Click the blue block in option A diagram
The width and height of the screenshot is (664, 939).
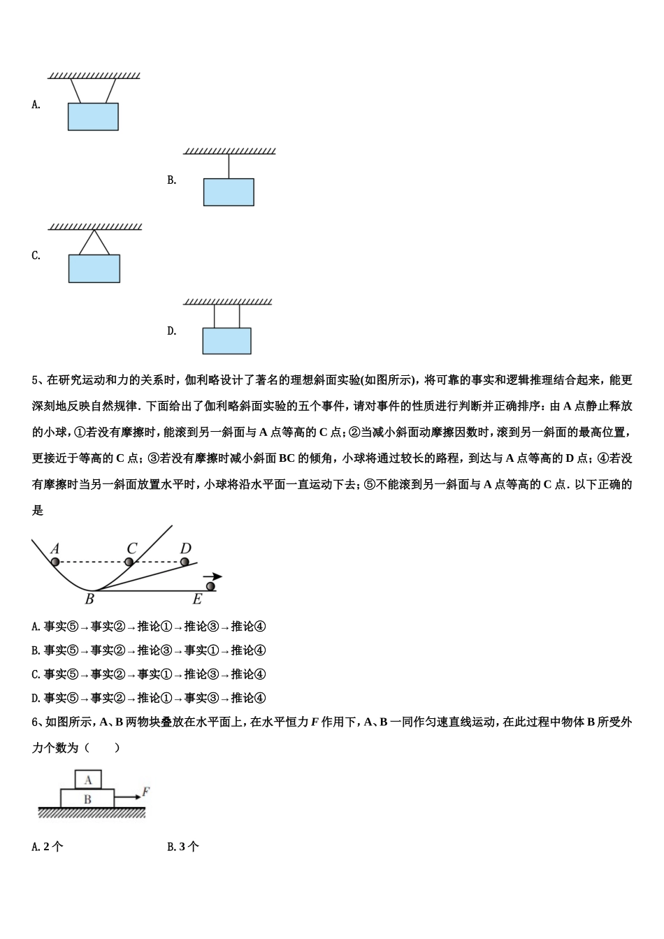[x=93, y=117]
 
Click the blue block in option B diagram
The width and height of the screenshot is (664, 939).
[x=229, y=192]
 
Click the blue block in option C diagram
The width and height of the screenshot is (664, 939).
[x=94, y=268]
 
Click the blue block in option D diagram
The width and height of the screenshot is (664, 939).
[x=226, y=341]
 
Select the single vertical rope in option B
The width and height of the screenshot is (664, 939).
[x=229, y=166]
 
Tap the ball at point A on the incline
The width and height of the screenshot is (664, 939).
[x=55, y=561]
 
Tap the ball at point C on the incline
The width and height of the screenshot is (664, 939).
[x=129, y=562]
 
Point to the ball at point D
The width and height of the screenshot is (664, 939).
[x=185, y=562]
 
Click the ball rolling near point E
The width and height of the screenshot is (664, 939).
[x=210, y=586]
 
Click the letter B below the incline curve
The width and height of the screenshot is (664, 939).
[x=89, y=599]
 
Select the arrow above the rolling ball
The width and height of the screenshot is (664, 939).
[x=212, y=576]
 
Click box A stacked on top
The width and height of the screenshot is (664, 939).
[x=88, y=780]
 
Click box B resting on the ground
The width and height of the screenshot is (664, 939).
[x=87, y=799]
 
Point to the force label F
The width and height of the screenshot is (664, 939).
[x=145, y=792]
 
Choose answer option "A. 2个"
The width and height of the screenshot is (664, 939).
[x=48, y=847]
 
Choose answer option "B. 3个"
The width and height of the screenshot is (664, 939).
[x=183, y=847]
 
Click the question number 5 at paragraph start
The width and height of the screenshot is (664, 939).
[x=35, y=381]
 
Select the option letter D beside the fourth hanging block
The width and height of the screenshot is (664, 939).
[x=171, y=331]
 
